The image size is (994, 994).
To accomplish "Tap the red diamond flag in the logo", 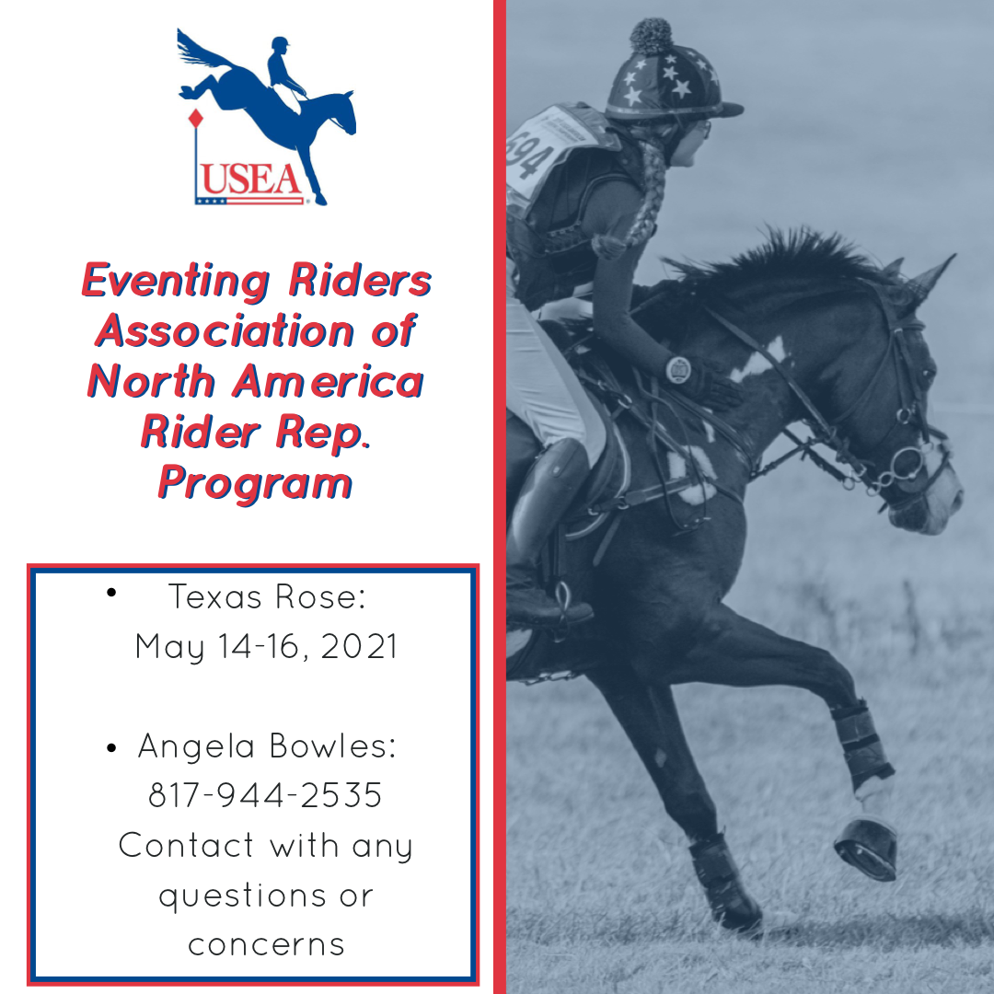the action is [x=196, y=119].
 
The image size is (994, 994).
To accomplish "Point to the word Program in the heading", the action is [x=255, y=485].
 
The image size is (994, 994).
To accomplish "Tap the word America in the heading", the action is [x=329, y=382].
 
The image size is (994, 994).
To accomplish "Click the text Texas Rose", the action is [x=267, y=597].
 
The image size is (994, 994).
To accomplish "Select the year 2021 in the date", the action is [x=359, y=647].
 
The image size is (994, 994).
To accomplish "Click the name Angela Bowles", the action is [x=267, y=746].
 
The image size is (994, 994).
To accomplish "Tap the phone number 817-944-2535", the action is [x=265, y=795].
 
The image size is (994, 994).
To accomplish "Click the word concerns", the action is [x=266, y=945].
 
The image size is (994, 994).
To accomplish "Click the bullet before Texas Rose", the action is [x=111, y=593].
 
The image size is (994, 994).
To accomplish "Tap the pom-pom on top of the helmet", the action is [x=651, y=36].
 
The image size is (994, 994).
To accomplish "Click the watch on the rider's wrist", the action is [x=678, y=369].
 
